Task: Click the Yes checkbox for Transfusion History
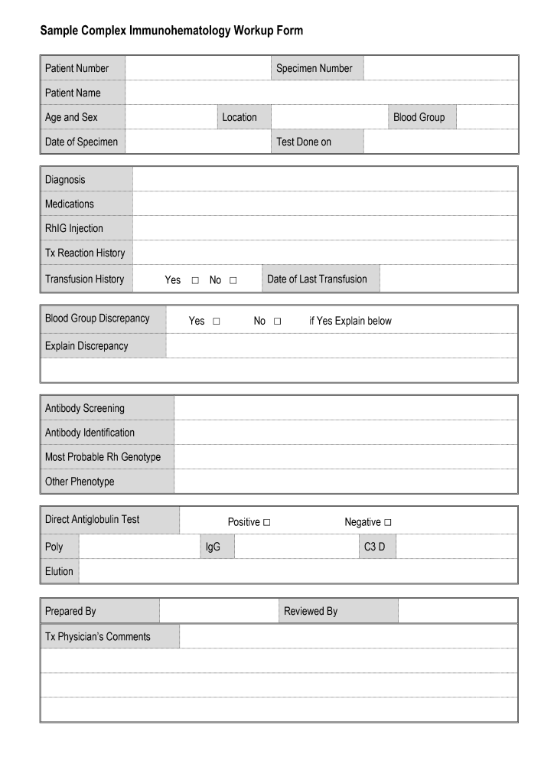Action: [195, 281]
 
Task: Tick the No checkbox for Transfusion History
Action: [233, 281]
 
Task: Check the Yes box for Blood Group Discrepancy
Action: [217, 322]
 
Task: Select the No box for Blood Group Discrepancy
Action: [277, 322]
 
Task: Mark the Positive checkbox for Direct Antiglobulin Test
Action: [267, 523]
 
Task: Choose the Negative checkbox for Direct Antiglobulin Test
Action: [388, 523]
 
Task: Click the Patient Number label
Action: [77, 68]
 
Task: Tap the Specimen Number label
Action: [314, 68]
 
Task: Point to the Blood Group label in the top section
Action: [419, 117]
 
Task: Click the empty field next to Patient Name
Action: [321, 93]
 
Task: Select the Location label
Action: [240, 117]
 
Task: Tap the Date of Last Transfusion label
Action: [317, 279]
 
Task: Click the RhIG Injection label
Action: [73, 228]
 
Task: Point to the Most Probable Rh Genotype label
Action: [103, 457]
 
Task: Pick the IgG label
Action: [213, 547]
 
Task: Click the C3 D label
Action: [375, 547]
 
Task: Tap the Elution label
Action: [59, 571]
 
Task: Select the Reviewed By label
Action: [310, 611]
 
